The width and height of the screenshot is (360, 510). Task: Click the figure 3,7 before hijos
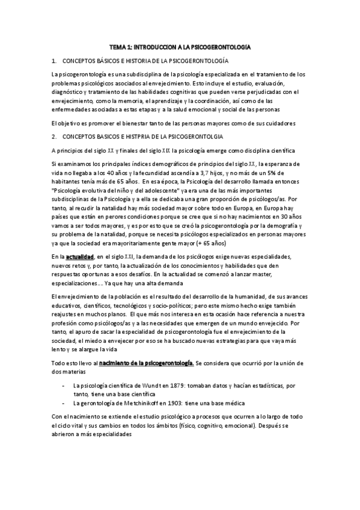[212, 172]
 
